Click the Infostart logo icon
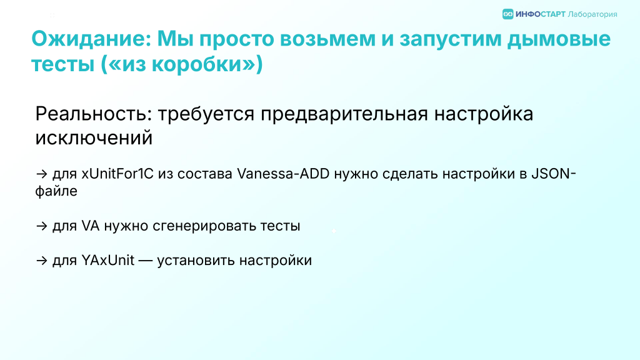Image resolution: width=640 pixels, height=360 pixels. pos(507,14)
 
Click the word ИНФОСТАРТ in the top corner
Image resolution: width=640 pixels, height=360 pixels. pos(541,14)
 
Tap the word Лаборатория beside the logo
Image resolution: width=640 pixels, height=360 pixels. pos(592,15)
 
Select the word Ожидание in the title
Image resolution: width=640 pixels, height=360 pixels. pos(91,39)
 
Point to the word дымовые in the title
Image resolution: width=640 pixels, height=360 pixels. pos(559,39)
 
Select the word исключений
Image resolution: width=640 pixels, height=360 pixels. pos(94,138)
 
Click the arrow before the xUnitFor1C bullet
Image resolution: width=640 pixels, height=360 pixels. pos(42,174)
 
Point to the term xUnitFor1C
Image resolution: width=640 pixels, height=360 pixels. pos(117,174)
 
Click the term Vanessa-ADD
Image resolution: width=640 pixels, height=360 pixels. pos(283,174)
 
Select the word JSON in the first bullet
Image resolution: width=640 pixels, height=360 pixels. pos(551,174)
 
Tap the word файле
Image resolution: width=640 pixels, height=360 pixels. pos(56,191)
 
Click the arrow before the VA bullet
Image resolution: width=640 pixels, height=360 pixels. pos(42,226)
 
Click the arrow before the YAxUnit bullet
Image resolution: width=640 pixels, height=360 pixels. pos(42,261)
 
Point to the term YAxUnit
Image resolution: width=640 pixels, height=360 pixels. pos(107,261)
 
